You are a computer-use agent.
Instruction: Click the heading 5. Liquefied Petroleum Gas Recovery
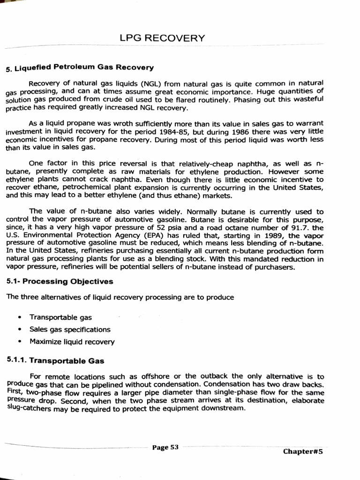[x=80, y=68]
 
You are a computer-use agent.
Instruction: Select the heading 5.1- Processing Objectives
[x=60, y=282]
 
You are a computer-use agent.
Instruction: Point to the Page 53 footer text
[x=165, y=447]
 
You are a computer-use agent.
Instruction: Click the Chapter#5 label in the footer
[x=303, y=451]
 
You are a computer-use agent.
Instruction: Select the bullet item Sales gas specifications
[x=70, y=330]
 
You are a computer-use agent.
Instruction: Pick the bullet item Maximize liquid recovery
[x=72, y=342]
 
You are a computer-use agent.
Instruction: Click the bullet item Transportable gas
[x=60, y=317]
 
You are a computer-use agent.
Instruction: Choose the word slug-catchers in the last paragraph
[x=26, y=408]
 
